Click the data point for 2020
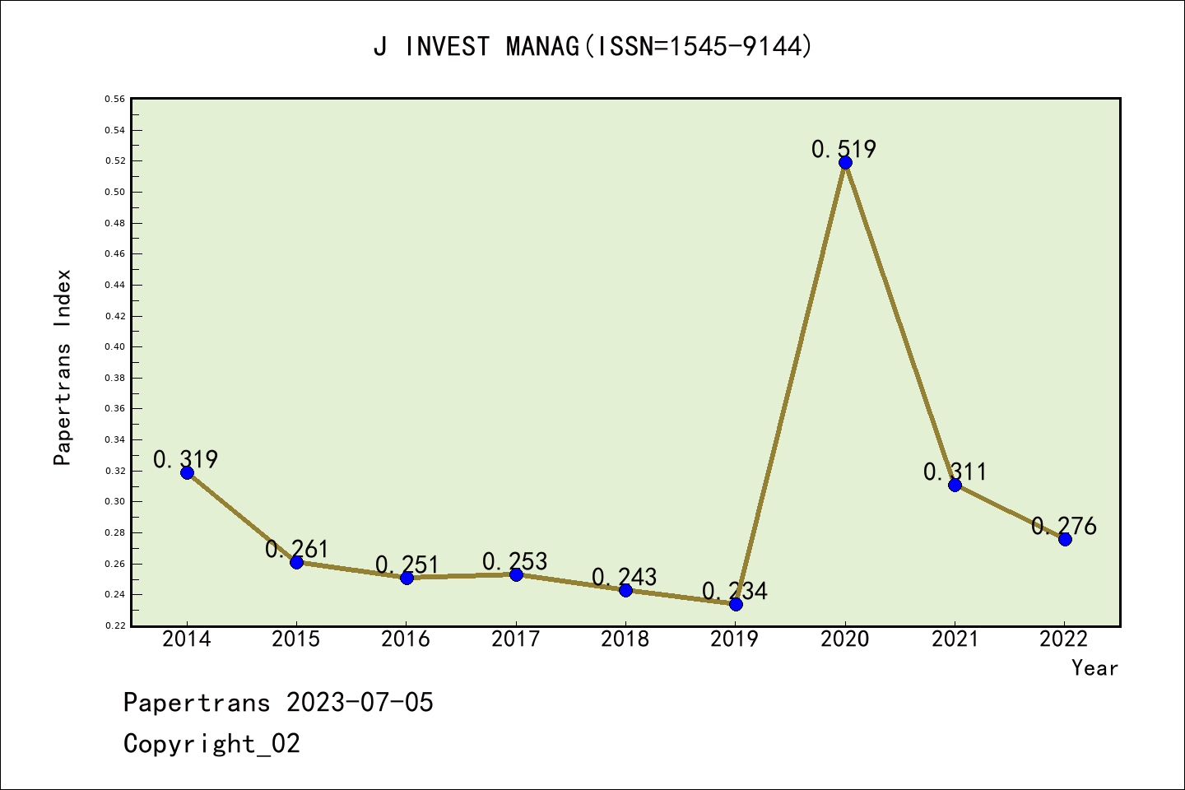coord(845,162)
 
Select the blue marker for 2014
coord(187,472)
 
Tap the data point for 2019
coord(736,604)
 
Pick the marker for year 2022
coord(1065,539)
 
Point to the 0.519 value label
coord(843,149)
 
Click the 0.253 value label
coord(514,561)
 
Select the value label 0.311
coord(955,472)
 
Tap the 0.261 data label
coord(296,549)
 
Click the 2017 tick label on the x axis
coord(515,639)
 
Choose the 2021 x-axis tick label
coord(955,639)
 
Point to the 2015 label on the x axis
coord(296,639)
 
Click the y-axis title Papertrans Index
coord(63,367)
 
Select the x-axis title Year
coord(1094,668)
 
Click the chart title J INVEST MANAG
coord(592,46)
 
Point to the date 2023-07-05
coord(360,703)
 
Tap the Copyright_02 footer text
coord(211,744)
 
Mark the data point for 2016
coord(407,578)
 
